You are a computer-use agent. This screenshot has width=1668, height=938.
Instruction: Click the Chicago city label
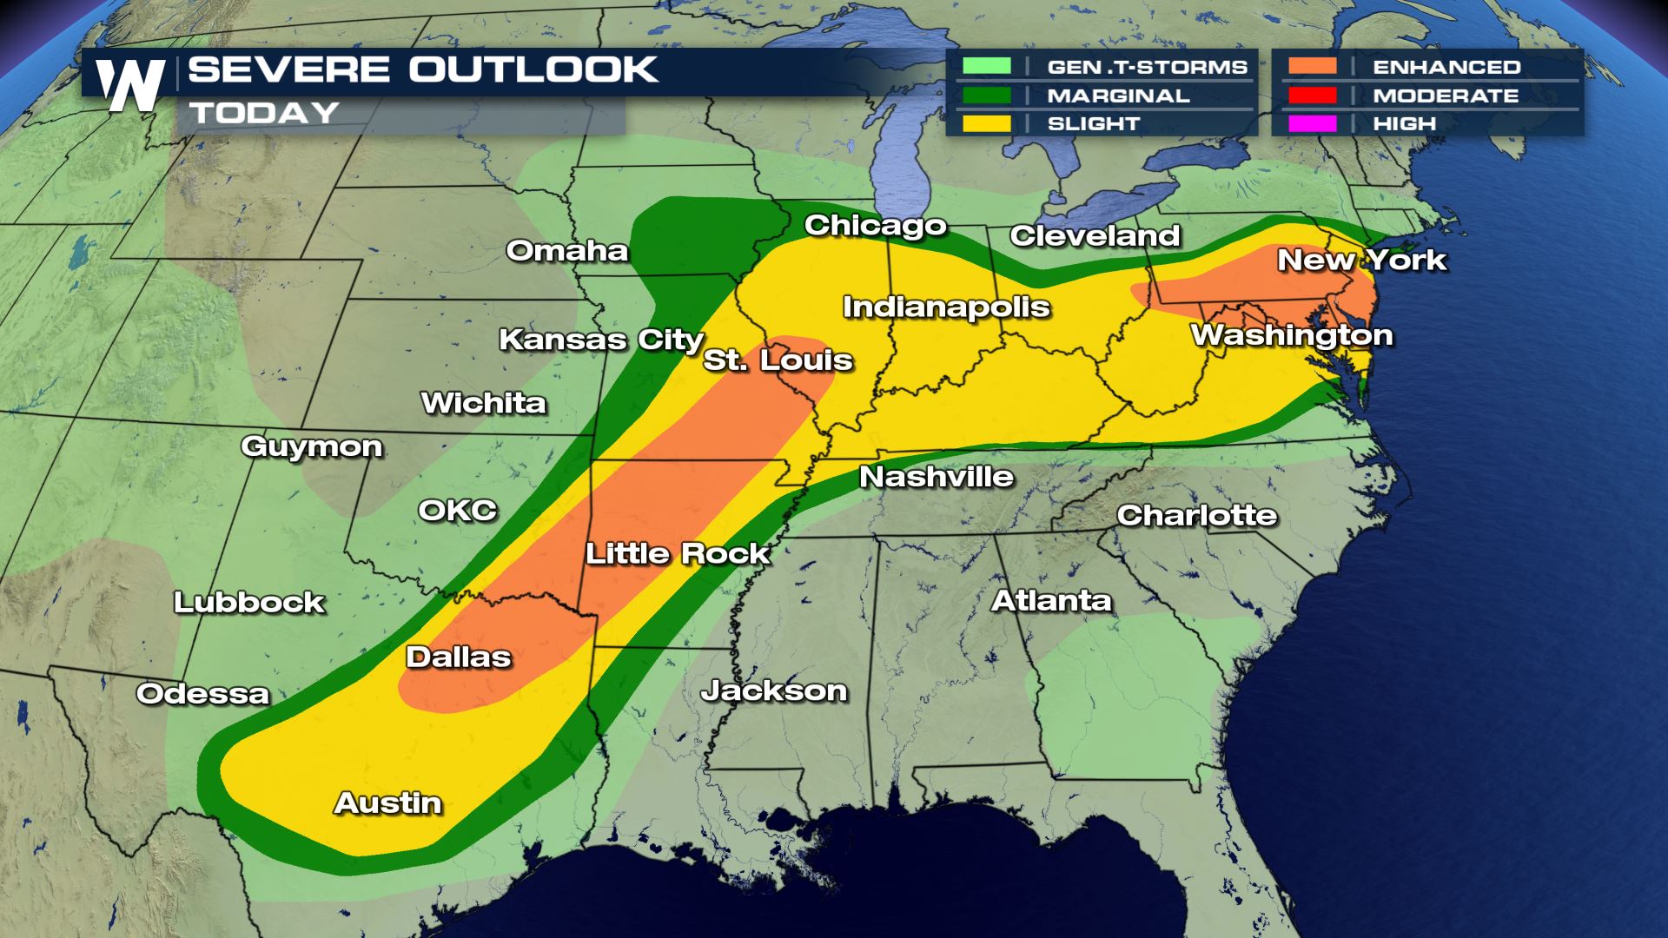click(875, 225)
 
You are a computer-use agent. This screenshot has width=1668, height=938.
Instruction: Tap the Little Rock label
click(677, 553)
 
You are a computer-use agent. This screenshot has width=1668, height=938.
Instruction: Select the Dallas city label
click(458, 657)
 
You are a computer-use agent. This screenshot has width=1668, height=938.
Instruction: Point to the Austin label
click(388, 803)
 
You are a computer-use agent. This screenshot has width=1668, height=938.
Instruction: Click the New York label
click(1361, 260)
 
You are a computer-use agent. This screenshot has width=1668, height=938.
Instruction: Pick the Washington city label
click(1291, 335)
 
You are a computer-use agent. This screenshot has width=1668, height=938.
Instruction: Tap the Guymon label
click(311, 446)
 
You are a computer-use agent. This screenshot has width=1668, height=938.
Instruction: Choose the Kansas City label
click(600, 340)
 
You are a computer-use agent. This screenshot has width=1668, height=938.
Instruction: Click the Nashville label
click(937, 476)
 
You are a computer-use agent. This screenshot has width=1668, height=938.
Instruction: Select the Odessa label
click(202, 694)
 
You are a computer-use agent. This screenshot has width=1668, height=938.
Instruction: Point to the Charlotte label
click(1196, 515)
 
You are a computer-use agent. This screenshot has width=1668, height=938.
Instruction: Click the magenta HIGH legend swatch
click(1312, 123)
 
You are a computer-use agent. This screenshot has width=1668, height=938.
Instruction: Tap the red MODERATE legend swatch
click(1312, 96)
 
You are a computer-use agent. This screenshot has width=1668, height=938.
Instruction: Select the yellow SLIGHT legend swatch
click(986, 123)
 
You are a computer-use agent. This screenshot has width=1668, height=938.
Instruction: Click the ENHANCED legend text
click(1446, 67)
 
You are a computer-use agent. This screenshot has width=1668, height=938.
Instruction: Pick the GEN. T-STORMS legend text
click(1147, 67)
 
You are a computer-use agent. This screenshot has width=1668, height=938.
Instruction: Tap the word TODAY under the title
click(264, 113)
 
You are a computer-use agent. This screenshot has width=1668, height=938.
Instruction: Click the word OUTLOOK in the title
click(533, 69)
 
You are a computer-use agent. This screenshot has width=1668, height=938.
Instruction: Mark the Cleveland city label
click(1095, 235)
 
